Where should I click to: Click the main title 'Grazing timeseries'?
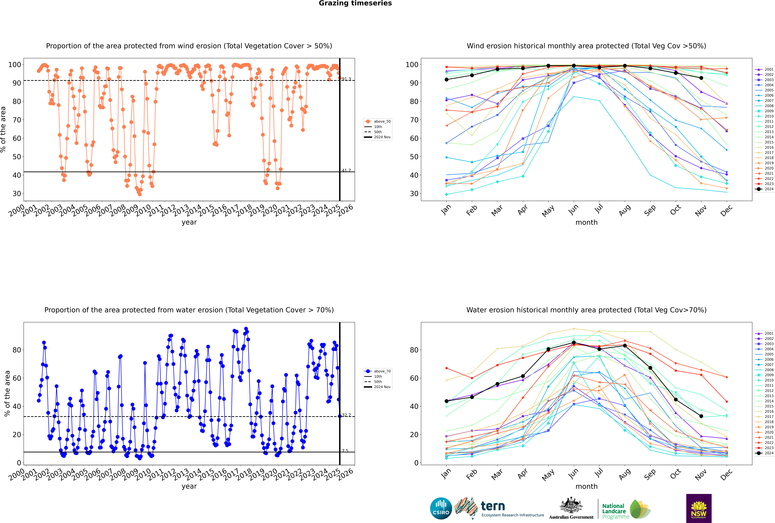pos(355,3)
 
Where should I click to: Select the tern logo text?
pos(493,506)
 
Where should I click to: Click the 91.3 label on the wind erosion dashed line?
pos(346,79)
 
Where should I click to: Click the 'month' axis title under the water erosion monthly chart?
pos(586,486)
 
